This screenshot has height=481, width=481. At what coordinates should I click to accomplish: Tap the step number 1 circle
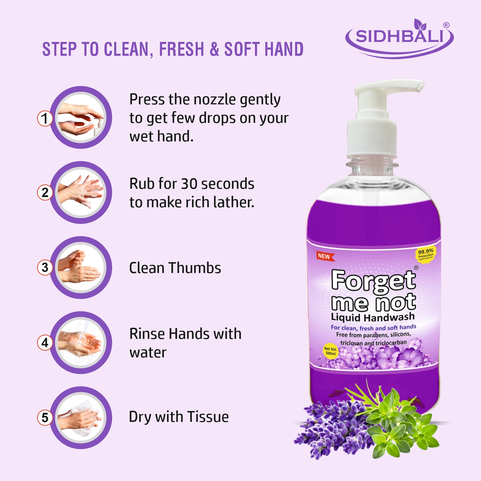click(45, 118)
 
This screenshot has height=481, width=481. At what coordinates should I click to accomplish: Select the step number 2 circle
click(45, 192)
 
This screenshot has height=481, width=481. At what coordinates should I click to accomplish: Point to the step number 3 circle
click(45, 267)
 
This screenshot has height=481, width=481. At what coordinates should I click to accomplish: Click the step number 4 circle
click(45, 343)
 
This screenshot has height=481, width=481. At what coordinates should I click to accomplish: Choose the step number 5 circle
click(45, 417)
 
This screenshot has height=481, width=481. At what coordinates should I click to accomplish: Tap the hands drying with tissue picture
click(81, 417)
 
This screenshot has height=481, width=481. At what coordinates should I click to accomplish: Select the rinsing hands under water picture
click(81, 343)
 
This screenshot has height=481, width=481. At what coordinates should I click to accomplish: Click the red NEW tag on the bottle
click(325, 256)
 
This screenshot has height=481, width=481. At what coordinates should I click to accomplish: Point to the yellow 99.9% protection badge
click(425, 254)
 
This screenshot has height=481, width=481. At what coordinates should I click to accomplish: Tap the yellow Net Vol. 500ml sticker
click(331, 351)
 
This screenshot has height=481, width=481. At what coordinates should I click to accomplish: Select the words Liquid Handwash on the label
click(373, 317)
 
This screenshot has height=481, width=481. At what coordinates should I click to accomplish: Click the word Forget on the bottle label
click(373, 280)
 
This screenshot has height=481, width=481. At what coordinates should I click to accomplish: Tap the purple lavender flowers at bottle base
click(333, 426)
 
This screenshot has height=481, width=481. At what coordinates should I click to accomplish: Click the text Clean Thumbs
click(175, 268)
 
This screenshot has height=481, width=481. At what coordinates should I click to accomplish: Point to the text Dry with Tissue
click(179, 417)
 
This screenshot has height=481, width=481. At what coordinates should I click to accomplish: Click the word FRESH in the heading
click(181, 49)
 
